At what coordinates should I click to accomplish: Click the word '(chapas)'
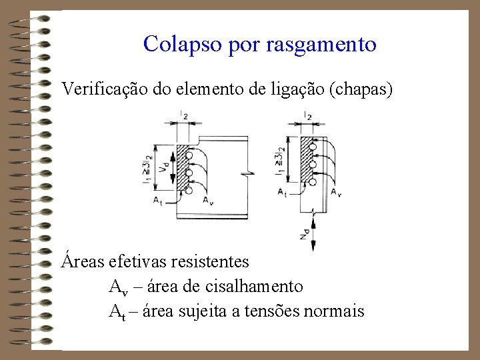[x=366, y=89]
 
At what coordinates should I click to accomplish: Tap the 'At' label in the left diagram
[x=157, y=199]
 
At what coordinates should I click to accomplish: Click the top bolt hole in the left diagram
[x=189, y=157]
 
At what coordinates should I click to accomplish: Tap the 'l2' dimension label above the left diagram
[x=183, y=116]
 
